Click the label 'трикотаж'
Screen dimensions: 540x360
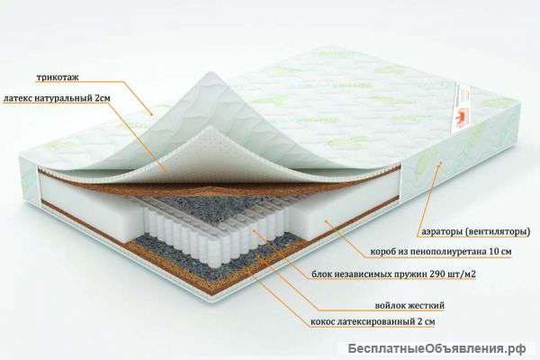(58, 77)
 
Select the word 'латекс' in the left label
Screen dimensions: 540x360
(17, 98)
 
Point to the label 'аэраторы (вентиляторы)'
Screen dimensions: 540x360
(476, 232)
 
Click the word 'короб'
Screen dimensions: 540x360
(383, 251)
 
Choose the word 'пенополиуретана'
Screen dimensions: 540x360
(446, 251)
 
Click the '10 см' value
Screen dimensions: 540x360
(499, 251)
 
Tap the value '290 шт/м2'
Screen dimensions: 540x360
(453, 274)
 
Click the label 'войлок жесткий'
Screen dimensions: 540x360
(409, 306)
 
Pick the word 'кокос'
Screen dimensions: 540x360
(322, 322)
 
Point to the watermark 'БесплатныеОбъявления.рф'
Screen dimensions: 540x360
(436, 348)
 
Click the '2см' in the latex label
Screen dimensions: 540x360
(103, 98)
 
